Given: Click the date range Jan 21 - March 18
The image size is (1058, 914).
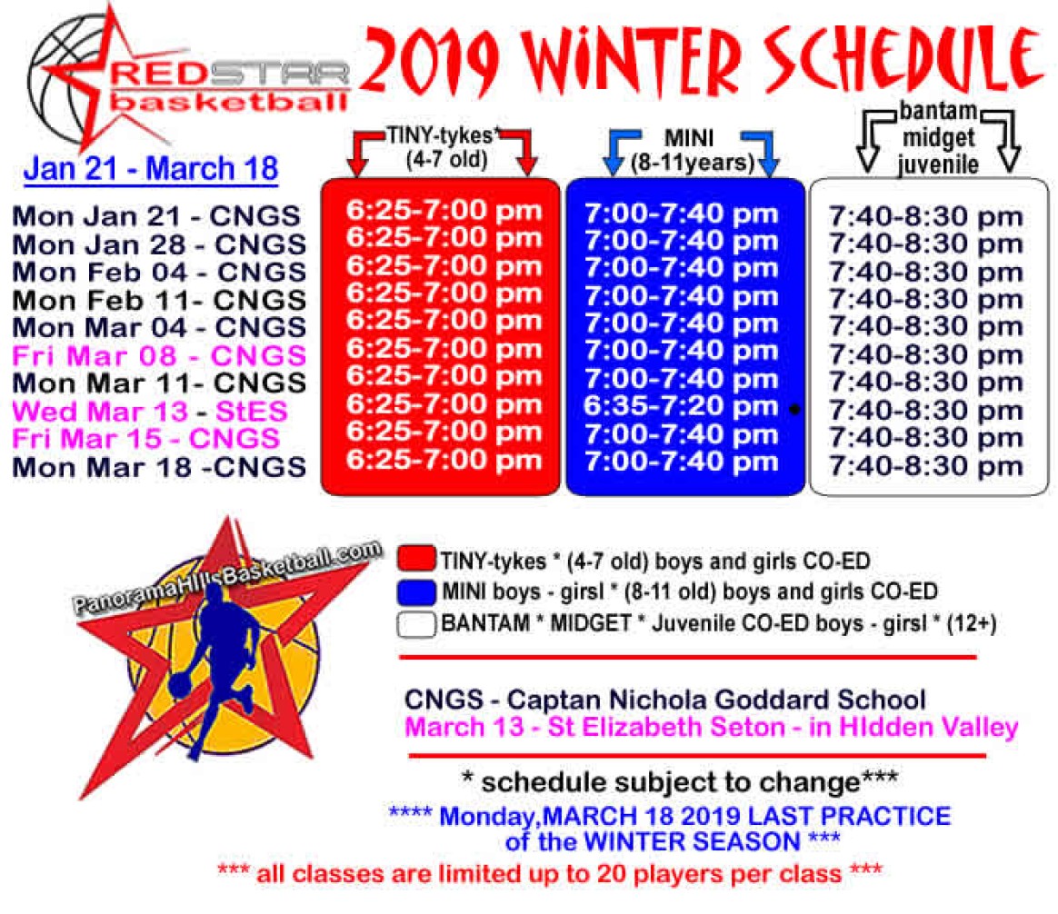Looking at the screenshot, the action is point(151,169).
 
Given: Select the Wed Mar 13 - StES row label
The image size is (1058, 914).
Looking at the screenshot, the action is point(150,411).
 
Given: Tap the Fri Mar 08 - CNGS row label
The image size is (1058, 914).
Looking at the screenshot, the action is point(159,355).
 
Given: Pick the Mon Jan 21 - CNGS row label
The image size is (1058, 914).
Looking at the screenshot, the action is point(156,216).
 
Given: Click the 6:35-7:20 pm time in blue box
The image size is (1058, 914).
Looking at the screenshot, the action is point(681,406).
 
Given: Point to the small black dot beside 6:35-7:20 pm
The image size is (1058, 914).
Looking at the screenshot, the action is point(794,409).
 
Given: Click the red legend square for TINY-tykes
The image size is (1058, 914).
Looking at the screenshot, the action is point(416,559).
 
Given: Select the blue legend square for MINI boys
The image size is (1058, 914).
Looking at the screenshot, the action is point(416,591).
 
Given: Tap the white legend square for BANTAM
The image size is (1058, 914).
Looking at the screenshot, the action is point(416,624).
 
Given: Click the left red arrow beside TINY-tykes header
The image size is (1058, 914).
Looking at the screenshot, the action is point(364,151).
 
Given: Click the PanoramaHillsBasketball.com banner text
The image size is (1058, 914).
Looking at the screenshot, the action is point(227,578).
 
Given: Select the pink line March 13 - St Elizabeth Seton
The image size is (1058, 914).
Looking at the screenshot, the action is point(711,727).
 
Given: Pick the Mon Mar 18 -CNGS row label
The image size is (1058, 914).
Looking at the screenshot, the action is point(159,467).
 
